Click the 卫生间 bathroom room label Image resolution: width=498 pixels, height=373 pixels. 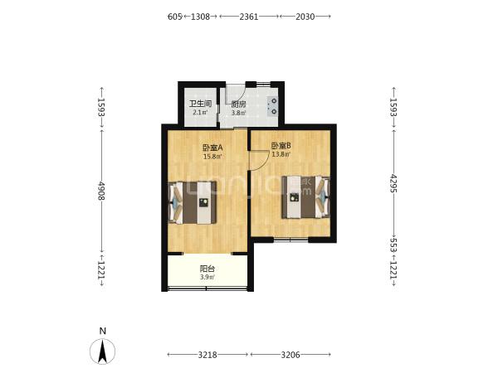[x=200, y=104]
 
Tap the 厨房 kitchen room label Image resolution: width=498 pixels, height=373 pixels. [x=238, y=104]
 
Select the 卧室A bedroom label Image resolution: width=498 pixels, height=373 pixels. [x=212, y=148]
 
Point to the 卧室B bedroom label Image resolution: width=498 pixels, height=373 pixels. [x=281, y=146]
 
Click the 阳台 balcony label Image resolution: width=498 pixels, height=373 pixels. [x=207, y=269]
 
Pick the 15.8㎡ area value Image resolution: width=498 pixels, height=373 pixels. [x=212, y=156]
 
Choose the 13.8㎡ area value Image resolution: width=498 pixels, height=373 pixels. [x=281, y=154]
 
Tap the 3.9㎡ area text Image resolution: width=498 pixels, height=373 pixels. [x=207, y=277]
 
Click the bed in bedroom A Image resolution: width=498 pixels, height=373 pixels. [x=193, y=202]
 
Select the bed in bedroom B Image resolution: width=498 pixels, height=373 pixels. [x=305, y=197]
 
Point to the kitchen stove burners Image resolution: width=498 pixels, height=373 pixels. [x=273, y=106]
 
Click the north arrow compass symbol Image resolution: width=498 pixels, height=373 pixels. [x=102, y=351]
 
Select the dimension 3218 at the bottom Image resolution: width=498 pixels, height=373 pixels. [x=207, y=355]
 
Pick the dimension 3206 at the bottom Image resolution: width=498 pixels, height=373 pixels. [x=290, y=355]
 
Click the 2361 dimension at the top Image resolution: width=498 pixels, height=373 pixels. [x=249, y=17]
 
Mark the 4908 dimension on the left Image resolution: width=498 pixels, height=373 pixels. [x=101, y=191]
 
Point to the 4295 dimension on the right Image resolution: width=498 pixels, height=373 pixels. [x=393, y=183]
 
